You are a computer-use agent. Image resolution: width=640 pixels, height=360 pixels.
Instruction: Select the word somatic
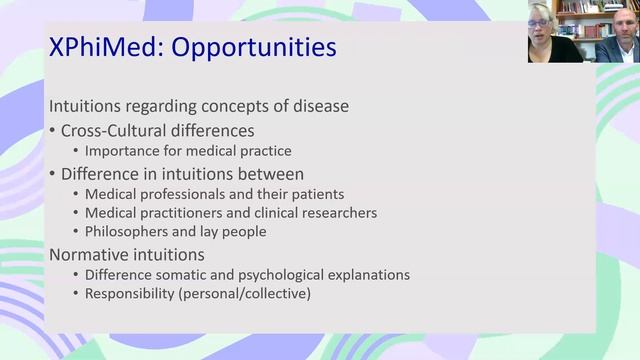pos(184,275)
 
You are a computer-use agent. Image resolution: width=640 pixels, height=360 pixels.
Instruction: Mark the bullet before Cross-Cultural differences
pos(53,131)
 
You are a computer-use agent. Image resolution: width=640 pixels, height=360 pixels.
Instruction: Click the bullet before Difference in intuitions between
pos(53,173)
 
